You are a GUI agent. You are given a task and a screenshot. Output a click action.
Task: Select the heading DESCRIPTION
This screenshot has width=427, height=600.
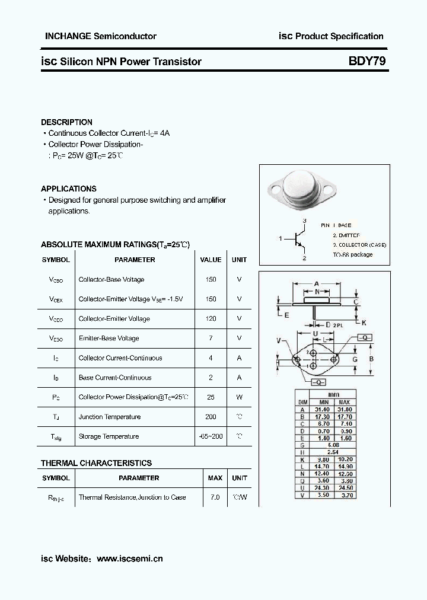coord(66,122)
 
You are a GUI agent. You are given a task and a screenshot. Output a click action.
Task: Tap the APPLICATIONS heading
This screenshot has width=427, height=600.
coord(68,189)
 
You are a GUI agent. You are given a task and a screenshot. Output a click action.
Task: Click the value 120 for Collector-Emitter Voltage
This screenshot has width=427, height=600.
coord(211,319)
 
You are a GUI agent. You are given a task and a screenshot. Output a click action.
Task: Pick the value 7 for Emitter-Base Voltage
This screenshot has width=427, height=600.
coord(211,339)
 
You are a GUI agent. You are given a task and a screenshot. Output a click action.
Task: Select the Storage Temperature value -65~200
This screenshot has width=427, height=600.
coord(211,436)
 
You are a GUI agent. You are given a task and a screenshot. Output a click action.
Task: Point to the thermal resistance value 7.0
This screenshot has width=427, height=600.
coord(215,497)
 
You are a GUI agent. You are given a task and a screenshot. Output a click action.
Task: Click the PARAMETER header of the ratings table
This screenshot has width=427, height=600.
coord(135,260)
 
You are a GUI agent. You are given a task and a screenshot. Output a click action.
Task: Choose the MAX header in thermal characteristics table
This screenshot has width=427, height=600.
coord(215,478)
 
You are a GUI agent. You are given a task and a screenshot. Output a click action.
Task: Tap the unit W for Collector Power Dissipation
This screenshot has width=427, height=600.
coord(240,397)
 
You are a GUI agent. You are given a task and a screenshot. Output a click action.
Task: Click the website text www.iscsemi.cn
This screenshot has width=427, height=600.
coord(129,558)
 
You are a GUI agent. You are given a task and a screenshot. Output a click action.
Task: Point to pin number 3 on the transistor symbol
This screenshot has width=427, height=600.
coord(304,221)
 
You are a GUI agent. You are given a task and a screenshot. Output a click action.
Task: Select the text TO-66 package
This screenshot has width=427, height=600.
coord(352,254)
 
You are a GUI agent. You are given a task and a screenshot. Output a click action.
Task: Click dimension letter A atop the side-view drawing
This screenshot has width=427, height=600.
coord(317,283)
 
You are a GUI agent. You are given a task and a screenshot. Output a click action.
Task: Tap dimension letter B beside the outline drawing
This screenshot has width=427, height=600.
coord(371,359)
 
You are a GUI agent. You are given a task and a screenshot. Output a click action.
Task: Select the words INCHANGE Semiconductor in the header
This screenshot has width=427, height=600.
coord(101,36)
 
